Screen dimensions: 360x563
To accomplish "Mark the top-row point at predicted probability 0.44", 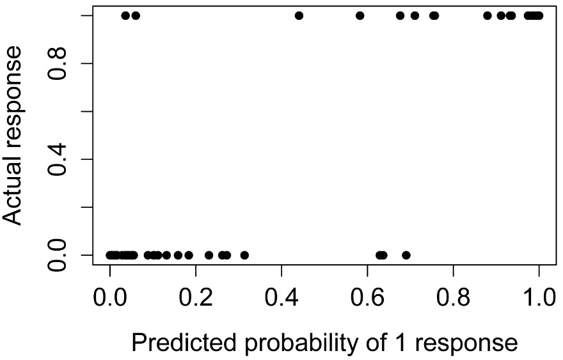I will point(299,15).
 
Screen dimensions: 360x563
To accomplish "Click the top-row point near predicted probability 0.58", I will point(360,15).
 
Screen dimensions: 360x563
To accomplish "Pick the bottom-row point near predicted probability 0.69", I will point(406,255).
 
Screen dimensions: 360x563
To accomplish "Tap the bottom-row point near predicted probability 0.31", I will point(244,255).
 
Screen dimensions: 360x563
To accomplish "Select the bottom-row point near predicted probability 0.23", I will point(209,255).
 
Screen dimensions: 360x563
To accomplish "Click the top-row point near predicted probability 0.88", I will point(488,15).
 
